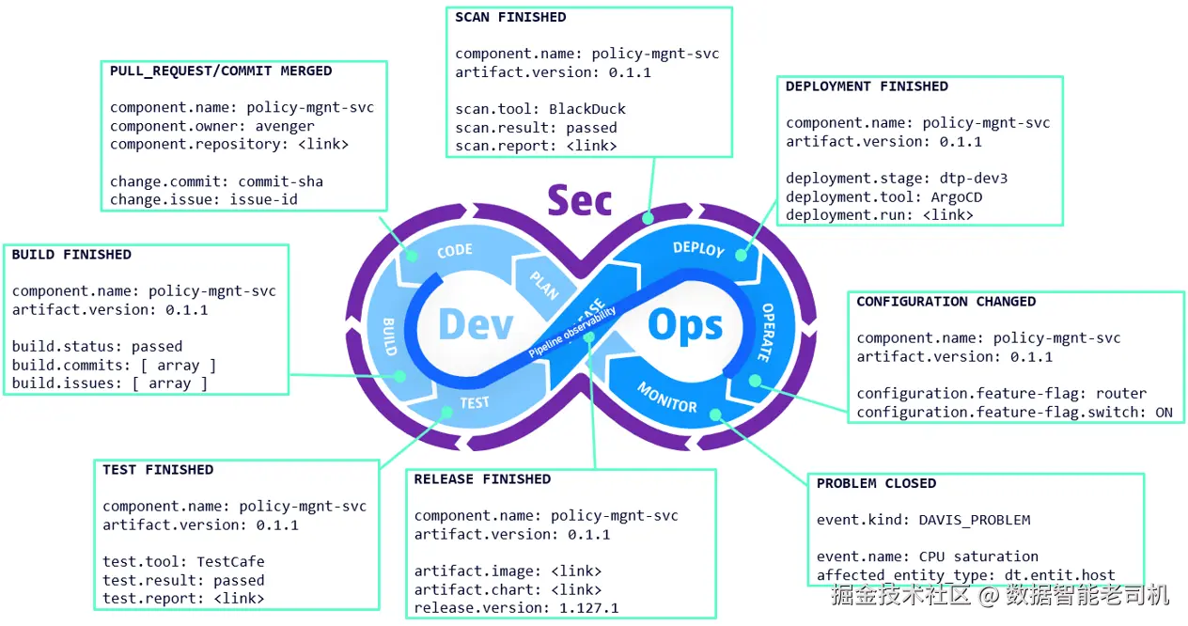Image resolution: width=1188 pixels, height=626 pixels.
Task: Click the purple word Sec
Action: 580,200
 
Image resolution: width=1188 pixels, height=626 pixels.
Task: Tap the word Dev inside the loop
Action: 476,323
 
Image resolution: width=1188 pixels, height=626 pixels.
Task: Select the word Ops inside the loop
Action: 684,324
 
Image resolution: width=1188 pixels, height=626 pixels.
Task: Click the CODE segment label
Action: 455,250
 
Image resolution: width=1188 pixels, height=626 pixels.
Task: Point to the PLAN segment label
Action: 544,285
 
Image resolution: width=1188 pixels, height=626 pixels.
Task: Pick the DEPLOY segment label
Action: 698,249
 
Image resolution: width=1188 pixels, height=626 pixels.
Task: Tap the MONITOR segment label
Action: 667,398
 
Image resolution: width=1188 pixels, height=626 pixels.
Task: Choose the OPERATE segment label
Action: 766,333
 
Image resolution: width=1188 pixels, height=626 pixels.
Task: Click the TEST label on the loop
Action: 474,403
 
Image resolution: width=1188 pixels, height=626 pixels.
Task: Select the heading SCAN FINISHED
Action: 510,18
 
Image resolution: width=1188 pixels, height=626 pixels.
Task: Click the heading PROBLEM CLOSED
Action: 876,483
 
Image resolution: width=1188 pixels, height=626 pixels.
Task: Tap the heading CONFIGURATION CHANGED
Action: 946,302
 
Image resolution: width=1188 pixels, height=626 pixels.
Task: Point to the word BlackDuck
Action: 587,109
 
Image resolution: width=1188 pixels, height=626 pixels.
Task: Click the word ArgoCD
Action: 957,196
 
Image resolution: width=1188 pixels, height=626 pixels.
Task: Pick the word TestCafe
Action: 230,561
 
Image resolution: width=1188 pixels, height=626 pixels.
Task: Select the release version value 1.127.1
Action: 588,607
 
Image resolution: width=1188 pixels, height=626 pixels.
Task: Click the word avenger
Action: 285,126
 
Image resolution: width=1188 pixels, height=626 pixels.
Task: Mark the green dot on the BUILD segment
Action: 399,376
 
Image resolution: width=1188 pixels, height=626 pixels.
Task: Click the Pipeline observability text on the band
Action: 572,332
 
